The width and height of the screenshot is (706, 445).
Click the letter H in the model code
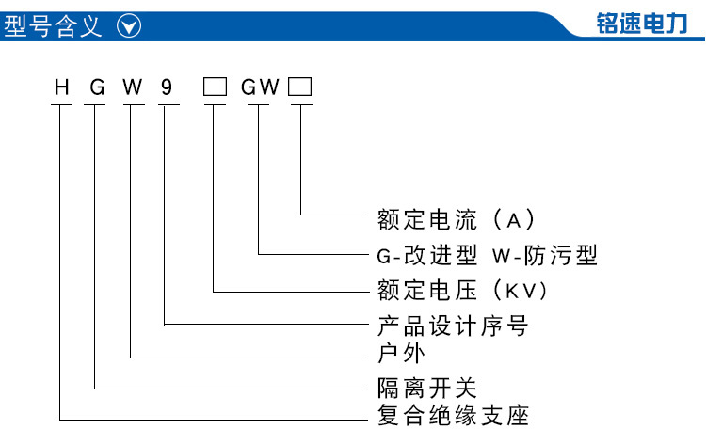pyautogui.click(x=62, y=87)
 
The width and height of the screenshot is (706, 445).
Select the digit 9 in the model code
pyautogui.click(x=167, y=87)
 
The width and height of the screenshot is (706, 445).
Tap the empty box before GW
pyautogui.click(x=215, y=87)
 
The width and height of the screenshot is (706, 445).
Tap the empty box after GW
pyautogui.click(x=300, y=87)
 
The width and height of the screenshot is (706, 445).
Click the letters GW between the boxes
pyautogui.click(x=260, y=87)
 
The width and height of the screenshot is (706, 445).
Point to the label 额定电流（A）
pyautogui.click(x=457, y=220)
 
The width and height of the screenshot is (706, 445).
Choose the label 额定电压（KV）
pyautogui.click(x=462, y=290)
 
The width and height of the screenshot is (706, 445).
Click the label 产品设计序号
pyautogui.click(x=453, y=326)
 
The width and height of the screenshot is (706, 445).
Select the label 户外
pyautogui.click(x=401, y=353)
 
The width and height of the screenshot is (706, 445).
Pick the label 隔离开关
pyautogui.click(x=426, y=388)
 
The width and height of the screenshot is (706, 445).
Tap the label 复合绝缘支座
pyautogui.click(x=453, y=415)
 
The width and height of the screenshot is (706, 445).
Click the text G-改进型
pyautogui.click(x=426, y=256)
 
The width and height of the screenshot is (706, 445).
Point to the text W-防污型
pyautogui.click(x=545, y=256)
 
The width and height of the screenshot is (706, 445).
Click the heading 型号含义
pyautogui.click(x=53, y=26)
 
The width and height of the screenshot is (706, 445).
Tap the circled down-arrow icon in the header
pyautogui.click(x=129, y=26)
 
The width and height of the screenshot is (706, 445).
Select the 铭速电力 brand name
pyautogui.click(x=642, y=24)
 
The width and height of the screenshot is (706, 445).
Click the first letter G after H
pyautogui.click(x=97, y=87)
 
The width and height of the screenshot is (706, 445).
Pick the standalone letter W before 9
pyautogui.click(x=133, y=87)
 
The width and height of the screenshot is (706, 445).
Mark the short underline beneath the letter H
pyautogui.click(x=62, y=105)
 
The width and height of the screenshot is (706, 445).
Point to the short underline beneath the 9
pyautogui.click(x=168, y=105)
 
